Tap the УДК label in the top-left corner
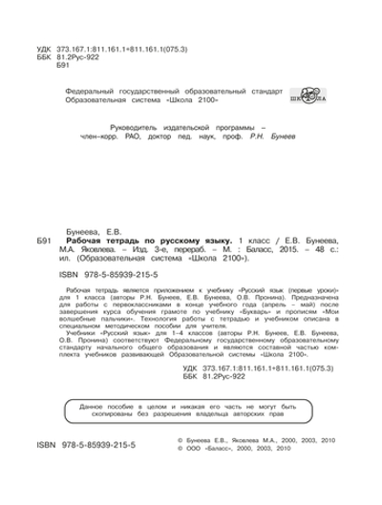pos(37,46)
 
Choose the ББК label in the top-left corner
pos(37,55)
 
